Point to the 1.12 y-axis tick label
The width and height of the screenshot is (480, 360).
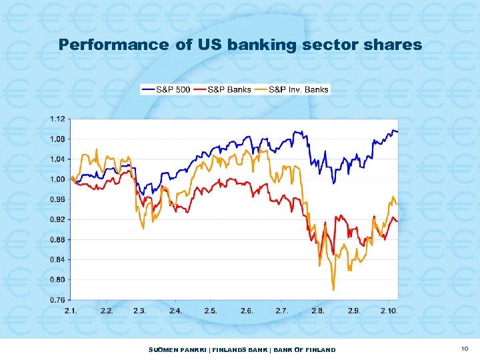57,119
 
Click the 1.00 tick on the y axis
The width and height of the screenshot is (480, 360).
57,179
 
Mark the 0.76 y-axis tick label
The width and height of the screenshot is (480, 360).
57,299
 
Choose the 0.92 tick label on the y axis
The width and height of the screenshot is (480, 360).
57,219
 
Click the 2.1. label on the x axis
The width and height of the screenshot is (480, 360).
71,311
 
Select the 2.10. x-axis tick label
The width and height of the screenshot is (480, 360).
389,311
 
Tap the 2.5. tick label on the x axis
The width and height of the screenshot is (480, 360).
211,311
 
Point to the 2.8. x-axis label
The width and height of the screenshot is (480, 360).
318,311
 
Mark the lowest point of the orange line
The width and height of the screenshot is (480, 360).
333,289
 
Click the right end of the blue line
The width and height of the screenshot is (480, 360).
397,132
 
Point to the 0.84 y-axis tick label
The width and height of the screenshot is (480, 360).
57,259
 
